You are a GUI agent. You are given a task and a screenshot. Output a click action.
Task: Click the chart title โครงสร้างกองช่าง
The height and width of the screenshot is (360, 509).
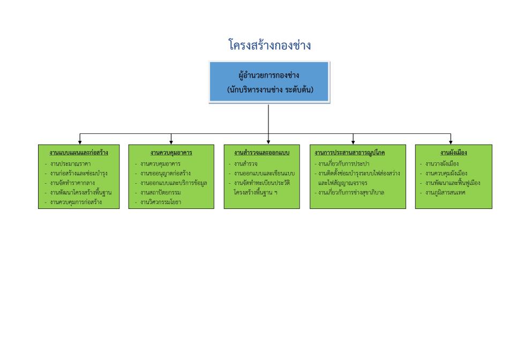(x=270, y=45)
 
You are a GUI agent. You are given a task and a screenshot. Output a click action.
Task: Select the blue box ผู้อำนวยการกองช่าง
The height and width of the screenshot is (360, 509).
(x=269, y=82)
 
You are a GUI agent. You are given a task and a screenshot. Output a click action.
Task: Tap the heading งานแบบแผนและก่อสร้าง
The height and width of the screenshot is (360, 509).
(x=79, y=153)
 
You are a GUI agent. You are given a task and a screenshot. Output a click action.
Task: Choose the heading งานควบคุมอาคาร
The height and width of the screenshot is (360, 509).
(x=171, y=153)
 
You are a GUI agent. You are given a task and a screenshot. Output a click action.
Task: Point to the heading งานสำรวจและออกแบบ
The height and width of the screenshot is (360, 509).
(x=261, y=153)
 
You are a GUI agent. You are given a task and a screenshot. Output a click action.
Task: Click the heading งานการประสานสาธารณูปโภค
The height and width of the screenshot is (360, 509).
(x=350, y=153)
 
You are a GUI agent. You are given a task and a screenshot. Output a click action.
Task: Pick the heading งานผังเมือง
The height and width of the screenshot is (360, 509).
(x=453, y=153)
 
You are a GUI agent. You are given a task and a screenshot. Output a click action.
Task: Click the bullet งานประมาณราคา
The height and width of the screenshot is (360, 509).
(x=70, y=163)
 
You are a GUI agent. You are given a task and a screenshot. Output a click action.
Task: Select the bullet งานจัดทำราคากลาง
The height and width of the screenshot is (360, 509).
(x=72, y=183)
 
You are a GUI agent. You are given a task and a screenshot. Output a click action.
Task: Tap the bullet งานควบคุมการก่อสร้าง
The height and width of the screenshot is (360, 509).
(x=76, y=202)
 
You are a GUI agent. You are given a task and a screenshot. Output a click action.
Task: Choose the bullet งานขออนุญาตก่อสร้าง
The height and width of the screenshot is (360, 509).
(x=166, y=174)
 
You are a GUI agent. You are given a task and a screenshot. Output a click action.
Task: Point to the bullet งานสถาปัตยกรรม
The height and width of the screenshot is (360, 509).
(x=161, y=192)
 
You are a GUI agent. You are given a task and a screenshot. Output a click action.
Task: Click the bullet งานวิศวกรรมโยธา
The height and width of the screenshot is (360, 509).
(x=161, y=202)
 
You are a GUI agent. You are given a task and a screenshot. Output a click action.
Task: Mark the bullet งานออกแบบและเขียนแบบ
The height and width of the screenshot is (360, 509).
(x=264, y=174)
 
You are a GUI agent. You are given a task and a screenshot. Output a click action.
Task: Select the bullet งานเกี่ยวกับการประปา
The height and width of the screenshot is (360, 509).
(x=344, y=163)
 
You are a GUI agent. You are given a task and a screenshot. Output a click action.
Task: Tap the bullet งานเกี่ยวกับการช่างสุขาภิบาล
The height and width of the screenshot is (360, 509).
(x=351, y=192)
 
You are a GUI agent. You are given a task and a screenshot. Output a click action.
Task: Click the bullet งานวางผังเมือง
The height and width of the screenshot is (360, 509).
(x=442, y=163)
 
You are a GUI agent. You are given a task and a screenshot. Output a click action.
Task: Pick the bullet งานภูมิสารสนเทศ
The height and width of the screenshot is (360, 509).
(x=445, y=192)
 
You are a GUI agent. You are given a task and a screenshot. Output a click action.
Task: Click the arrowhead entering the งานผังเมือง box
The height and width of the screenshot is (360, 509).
(x=451, y=142)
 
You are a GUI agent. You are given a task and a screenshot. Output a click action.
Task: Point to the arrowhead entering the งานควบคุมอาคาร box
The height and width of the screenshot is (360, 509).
(x=171, y=142)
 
